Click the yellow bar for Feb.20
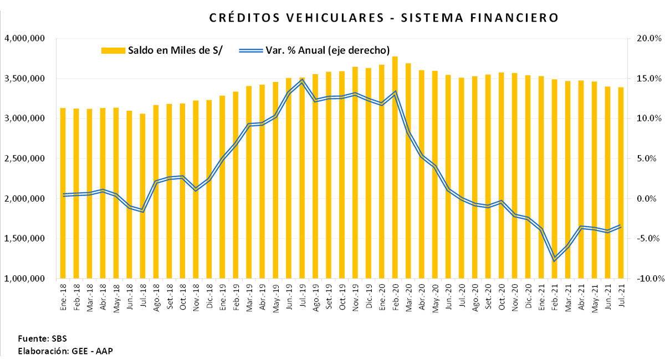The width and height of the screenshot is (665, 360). click(x=395, y=166)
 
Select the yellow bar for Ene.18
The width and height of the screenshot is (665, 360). click(x=63, y=194)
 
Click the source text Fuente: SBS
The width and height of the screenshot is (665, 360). click(x=42, y=338)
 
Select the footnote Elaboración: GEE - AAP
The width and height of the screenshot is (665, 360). click(x=66, y=351)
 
